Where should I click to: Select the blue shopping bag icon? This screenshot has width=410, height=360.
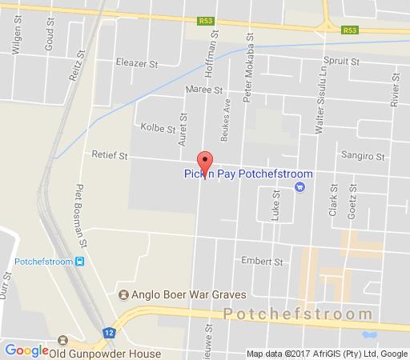[299, 189]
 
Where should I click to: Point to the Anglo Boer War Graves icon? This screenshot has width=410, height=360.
[123, 294]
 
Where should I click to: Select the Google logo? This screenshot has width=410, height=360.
[26, 349]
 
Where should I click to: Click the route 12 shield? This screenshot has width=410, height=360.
[109, 332]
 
